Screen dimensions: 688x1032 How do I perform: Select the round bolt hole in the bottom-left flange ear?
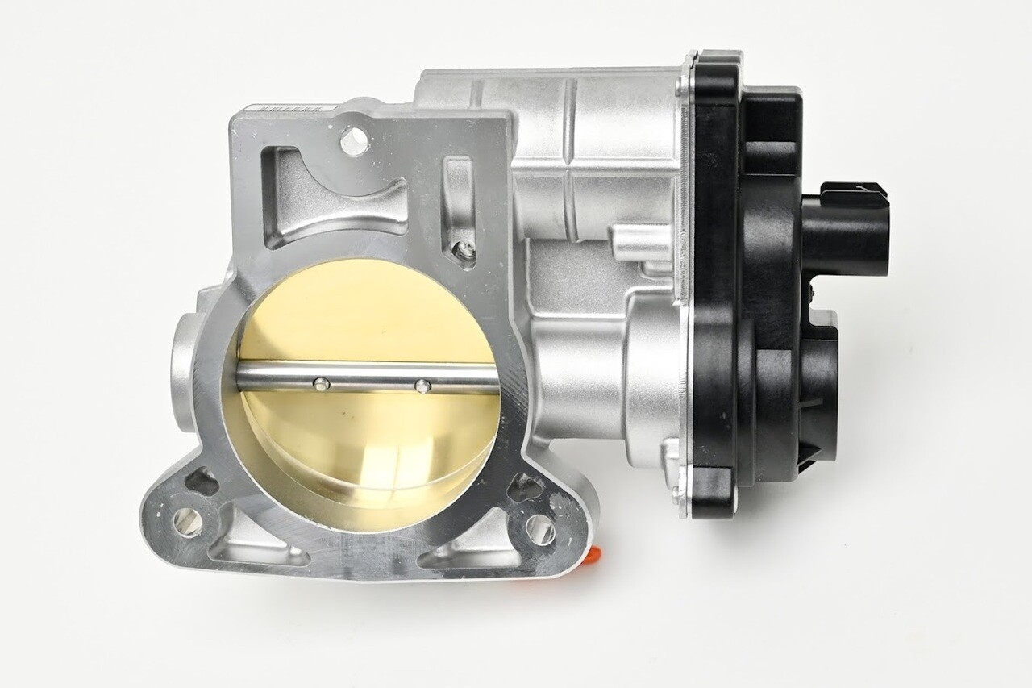[x=187, y=522]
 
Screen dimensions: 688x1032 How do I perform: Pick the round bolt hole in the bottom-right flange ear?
[x=539, y=529]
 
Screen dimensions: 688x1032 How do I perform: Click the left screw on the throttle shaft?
[x=321, y=383]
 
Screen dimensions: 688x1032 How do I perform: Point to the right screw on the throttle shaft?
[x=421, y=386]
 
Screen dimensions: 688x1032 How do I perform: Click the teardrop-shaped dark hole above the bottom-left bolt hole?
[x=202, y=482]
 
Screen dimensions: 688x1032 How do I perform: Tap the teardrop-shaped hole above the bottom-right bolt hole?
[x=525, y=487]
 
